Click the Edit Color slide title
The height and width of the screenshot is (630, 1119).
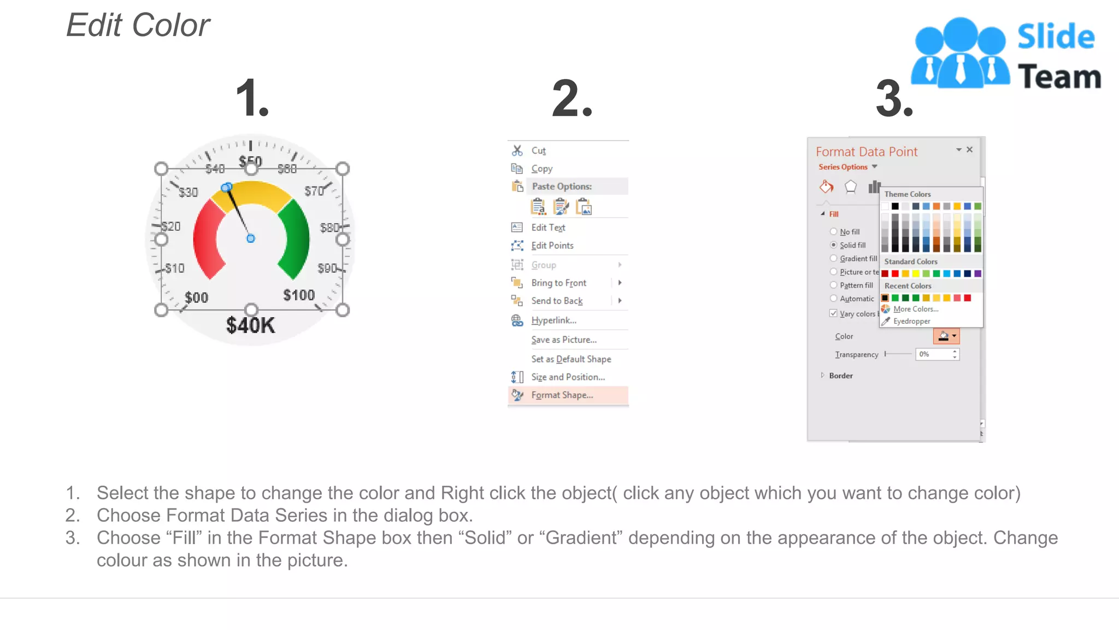point(138,25)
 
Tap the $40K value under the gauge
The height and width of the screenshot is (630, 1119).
point(251,325)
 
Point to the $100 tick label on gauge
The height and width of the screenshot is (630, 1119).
point(299,295)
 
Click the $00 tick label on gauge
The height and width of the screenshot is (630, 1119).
point(196,297)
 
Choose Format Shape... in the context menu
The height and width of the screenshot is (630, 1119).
point(562,395)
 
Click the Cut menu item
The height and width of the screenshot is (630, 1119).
point(538,150)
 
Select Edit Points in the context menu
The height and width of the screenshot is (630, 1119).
point(552,246)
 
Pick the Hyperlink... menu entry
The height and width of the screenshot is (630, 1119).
point(553,320)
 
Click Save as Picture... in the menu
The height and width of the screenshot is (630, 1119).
point(564,340)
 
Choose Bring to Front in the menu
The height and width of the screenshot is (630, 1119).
point(558,283)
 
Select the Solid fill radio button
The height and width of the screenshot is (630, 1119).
point(833,245)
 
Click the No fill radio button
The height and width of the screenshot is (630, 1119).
point(833,231)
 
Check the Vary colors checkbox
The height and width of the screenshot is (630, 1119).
point(833,313)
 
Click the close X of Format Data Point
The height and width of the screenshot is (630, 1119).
point(969,149)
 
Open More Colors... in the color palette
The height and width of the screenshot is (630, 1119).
point(915,309)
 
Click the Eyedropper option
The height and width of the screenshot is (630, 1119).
point(911,322)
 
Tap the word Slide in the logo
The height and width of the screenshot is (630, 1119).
point(1056,37)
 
